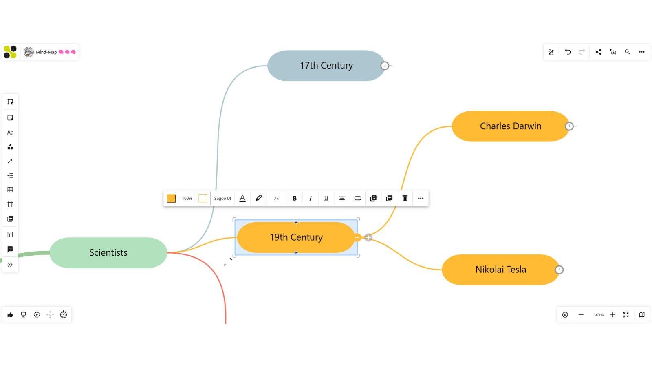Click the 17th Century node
(x=326, y=66)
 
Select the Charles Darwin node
(x=510, y=126)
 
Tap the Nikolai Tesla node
(x=500, y=270)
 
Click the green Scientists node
(x=108, y=253)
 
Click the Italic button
(x=311, y=198)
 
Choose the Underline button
(x=326, y=198)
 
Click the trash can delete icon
(x=405, y=198)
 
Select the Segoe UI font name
(x=222, y=198)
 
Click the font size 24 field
(x=276, y=199)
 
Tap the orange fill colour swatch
(x=171, y=198)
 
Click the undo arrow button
(x=568, y=52)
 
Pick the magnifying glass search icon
(x=627, y=52)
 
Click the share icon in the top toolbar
(x=598, y=52)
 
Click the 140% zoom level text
(x=598, y=315)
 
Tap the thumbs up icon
(x=10, y=314)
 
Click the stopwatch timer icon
(x=63, y=314)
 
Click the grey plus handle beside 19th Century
(x=368, y=237)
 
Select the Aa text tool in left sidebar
(x=10, y=133)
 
